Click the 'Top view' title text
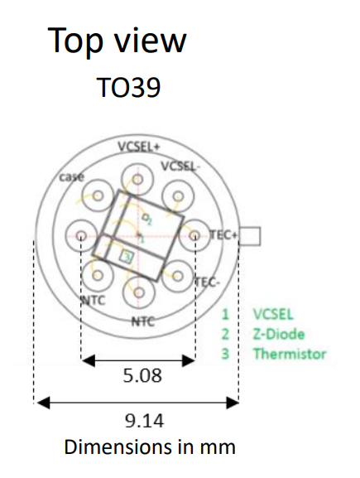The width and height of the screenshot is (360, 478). coord(117,41)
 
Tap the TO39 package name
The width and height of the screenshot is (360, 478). coord(128,88)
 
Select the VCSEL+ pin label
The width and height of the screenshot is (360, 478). coord(138,147)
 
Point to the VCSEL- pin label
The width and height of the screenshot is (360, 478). coord(180,167)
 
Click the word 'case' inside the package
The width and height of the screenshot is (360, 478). coord(71,176)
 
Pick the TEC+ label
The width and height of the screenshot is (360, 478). coord(223,235)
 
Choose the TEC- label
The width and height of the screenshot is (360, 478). coord(207,282)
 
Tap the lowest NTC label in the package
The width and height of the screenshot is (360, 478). coord(143,321)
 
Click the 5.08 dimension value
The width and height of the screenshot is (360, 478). coord(142,375)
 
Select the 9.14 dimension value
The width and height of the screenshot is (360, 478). coord(144,421)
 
